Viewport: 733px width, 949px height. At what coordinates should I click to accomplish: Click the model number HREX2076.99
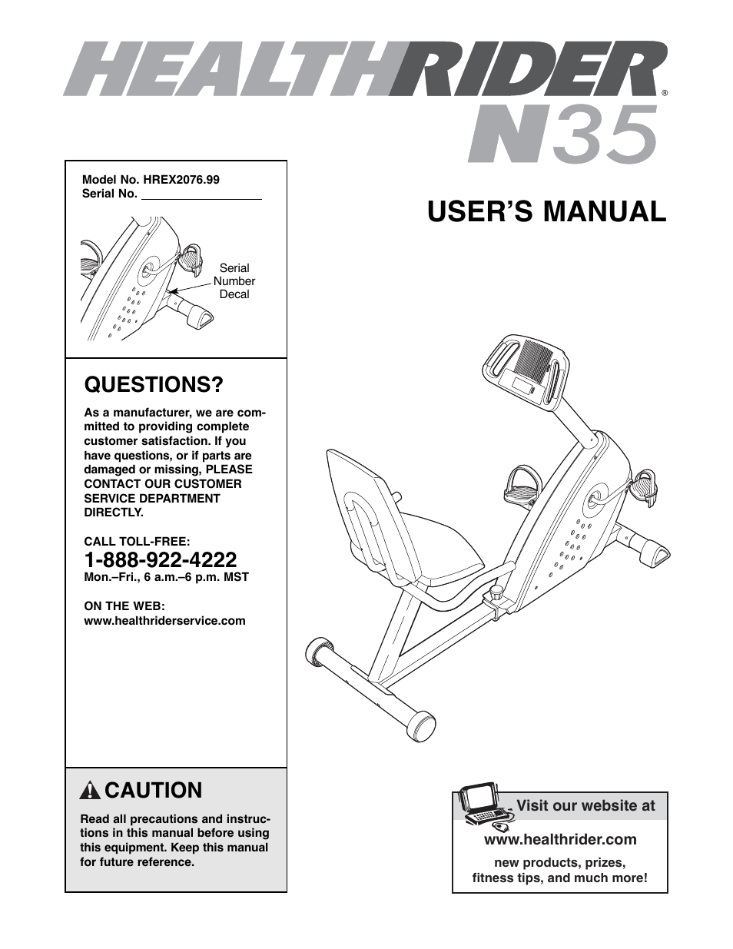click(181, 180)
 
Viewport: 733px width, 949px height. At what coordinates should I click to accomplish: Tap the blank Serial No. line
click(201, 195)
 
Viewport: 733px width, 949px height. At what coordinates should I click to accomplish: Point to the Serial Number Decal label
click(234, 281)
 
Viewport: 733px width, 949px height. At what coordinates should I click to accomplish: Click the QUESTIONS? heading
click(154, 385)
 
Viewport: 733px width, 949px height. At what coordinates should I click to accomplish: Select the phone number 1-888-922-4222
click(161, 559)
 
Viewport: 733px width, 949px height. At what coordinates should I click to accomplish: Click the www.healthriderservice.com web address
click(164, 621)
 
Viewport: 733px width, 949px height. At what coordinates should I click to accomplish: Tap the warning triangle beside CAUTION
click(90, 791)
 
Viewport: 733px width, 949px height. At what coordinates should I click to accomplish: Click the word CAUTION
click(154, 791)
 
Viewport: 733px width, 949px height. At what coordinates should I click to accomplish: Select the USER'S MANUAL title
click(546, 211)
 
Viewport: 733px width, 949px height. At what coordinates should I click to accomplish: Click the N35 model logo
click(563, 135)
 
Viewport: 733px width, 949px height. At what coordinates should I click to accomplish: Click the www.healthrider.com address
click(560, 840)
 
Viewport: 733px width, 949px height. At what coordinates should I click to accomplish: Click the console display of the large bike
click(526, 387)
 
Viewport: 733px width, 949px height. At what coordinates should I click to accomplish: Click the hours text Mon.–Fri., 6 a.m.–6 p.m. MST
click(166, 577)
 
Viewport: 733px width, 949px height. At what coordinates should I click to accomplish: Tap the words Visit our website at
click(585, 806)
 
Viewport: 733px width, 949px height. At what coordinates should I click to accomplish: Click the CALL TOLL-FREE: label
click(137, 542)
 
